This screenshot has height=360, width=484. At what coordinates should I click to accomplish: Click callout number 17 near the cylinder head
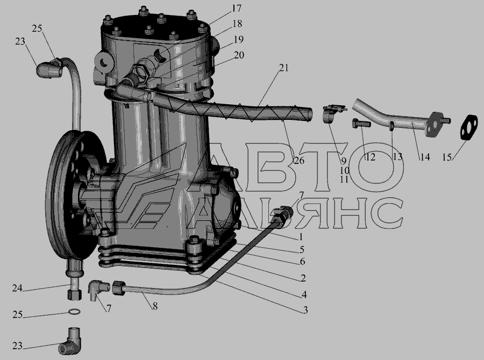[x=237, y=9]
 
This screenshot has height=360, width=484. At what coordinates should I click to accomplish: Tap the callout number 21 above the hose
[x=283, y=68]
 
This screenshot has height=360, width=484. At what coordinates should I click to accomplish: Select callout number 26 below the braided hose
[x=299, y=161]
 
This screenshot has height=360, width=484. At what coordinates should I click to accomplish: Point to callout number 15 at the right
[x=447, y=157]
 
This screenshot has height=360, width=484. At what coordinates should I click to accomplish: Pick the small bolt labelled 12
[x=361, y=124]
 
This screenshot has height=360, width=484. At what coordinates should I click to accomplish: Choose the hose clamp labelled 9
[x=333, y=113]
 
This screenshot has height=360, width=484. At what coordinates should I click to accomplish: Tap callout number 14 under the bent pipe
[x=425, y=157]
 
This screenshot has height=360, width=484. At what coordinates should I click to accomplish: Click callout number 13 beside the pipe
[x=397, y=157]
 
